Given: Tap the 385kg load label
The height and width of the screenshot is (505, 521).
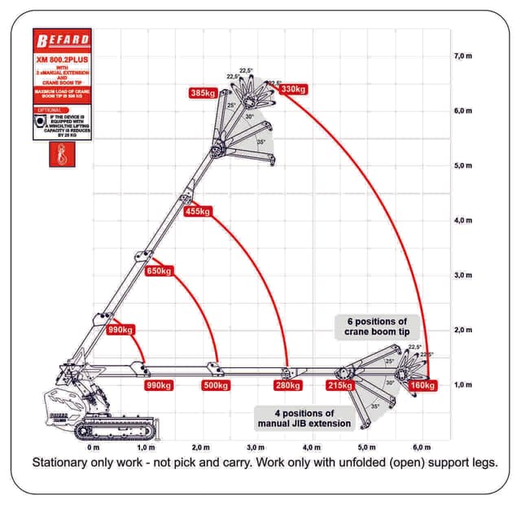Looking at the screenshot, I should [x=203, y=93].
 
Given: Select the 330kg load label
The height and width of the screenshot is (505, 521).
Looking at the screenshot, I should [x=293, y=89].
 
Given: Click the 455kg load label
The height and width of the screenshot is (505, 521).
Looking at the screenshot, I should [x=199, y=212].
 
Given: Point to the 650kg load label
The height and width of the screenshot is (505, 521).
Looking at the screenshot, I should [x=159, y=271].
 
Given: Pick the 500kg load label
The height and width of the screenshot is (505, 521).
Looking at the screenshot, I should [x=217, y=385].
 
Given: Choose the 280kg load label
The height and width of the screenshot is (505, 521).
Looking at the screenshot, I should [x=288, y=385].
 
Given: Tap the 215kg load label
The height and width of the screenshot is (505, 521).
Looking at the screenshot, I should [x=339, y=385].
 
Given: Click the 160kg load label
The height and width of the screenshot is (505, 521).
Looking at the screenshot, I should [x=423, y=385].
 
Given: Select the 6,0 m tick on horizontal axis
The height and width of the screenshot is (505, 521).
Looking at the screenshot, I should [x=422, y=447].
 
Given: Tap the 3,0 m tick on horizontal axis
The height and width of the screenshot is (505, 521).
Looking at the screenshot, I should [x=256, y=447].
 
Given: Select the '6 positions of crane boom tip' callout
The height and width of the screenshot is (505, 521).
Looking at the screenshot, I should [x=376, y=327].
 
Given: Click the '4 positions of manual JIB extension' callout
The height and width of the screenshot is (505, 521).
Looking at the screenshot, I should [x=304, y=419].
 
